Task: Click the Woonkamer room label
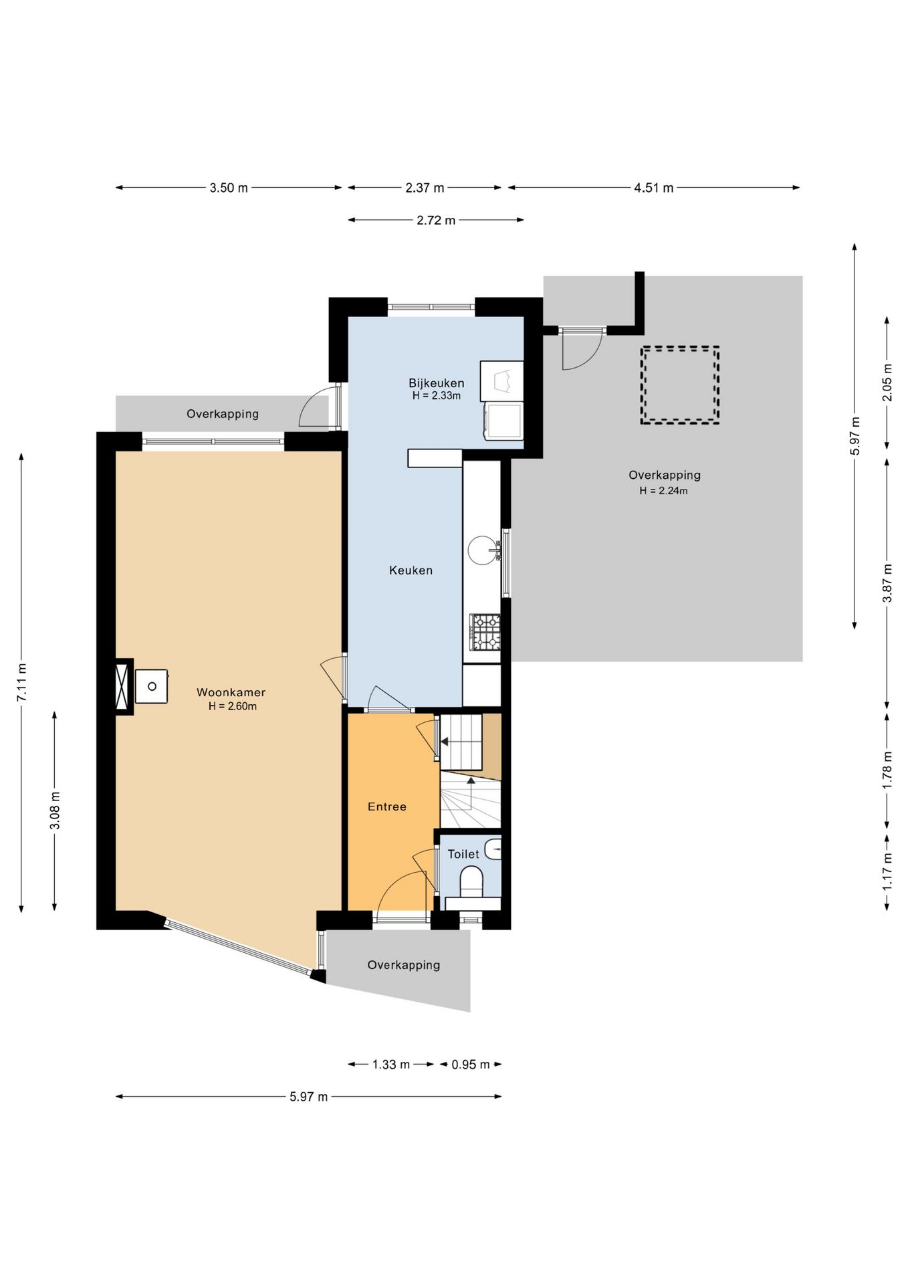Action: [x=231, y=693]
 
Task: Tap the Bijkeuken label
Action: [x=436, y=383]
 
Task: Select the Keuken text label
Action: [x=411, y=570]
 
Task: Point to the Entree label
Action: [x=386, y=807]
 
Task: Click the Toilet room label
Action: [x=463, y=854]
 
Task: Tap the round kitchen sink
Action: [x=482, y=550]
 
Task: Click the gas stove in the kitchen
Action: [x=484, y=632]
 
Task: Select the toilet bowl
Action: [x=471, y=881]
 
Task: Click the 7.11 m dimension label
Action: [x=22, y=683]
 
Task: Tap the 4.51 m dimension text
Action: [x=653, y=188]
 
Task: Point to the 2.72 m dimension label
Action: [x=436, y=220]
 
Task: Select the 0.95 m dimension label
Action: [x=470, y=1064]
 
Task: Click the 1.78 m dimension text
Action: [x=887, y=770]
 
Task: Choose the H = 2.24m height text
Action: [x=663, y=491]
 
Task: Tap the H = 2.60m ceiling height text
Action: [x=232, y=706]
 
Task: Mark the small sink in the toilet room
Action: [x=493, y=849]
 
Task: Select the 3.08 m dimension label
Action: [x=55, y=811]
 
